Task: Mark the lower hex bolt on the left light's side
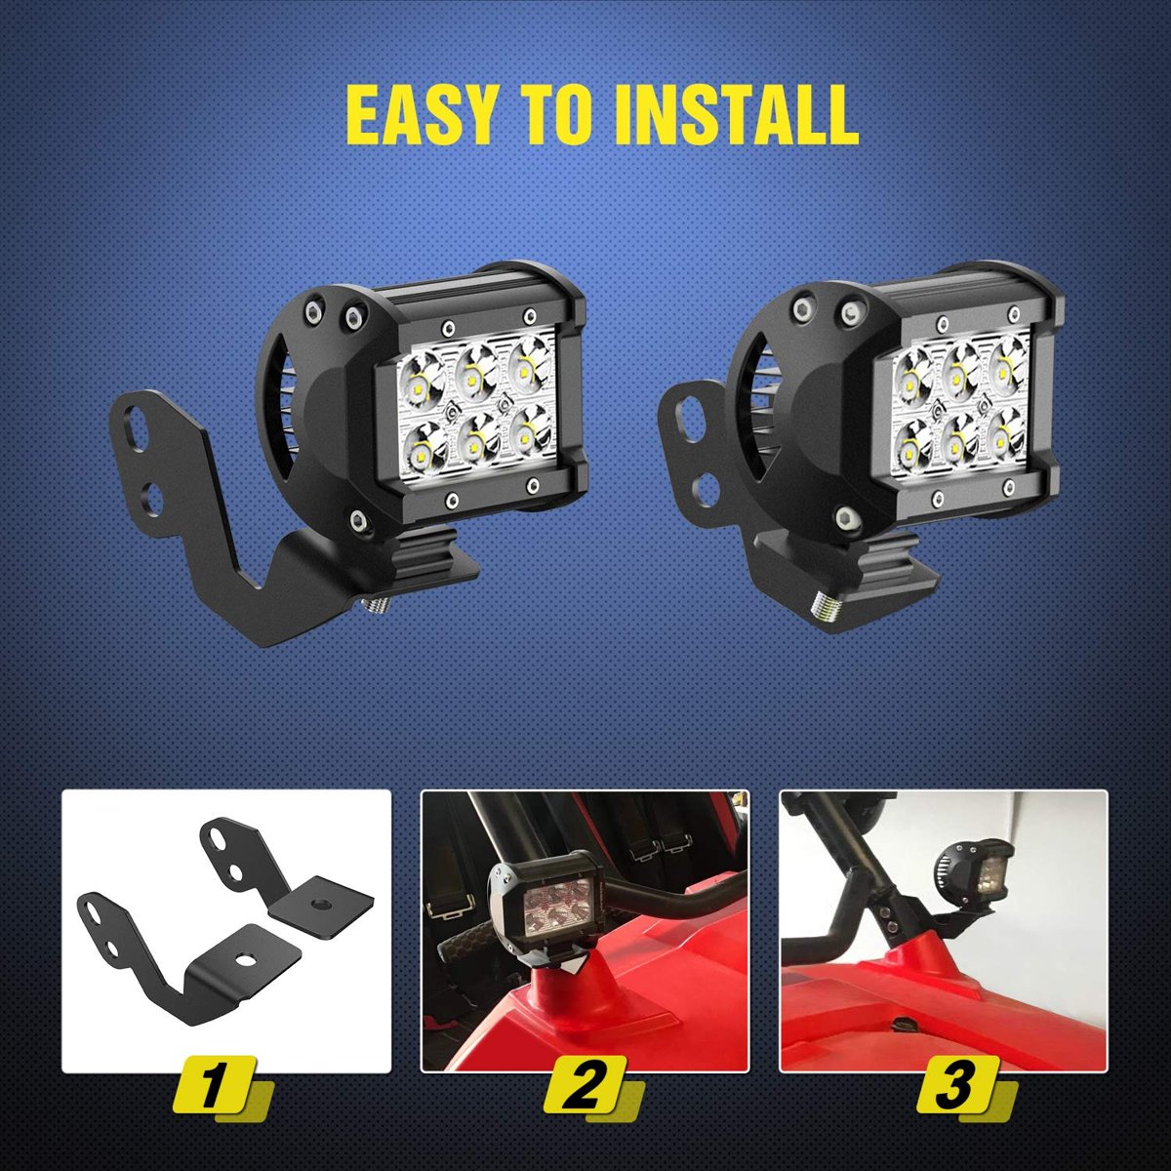(x=358, y=518)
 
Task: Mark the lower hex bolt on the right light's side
(x=844, y=518)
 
